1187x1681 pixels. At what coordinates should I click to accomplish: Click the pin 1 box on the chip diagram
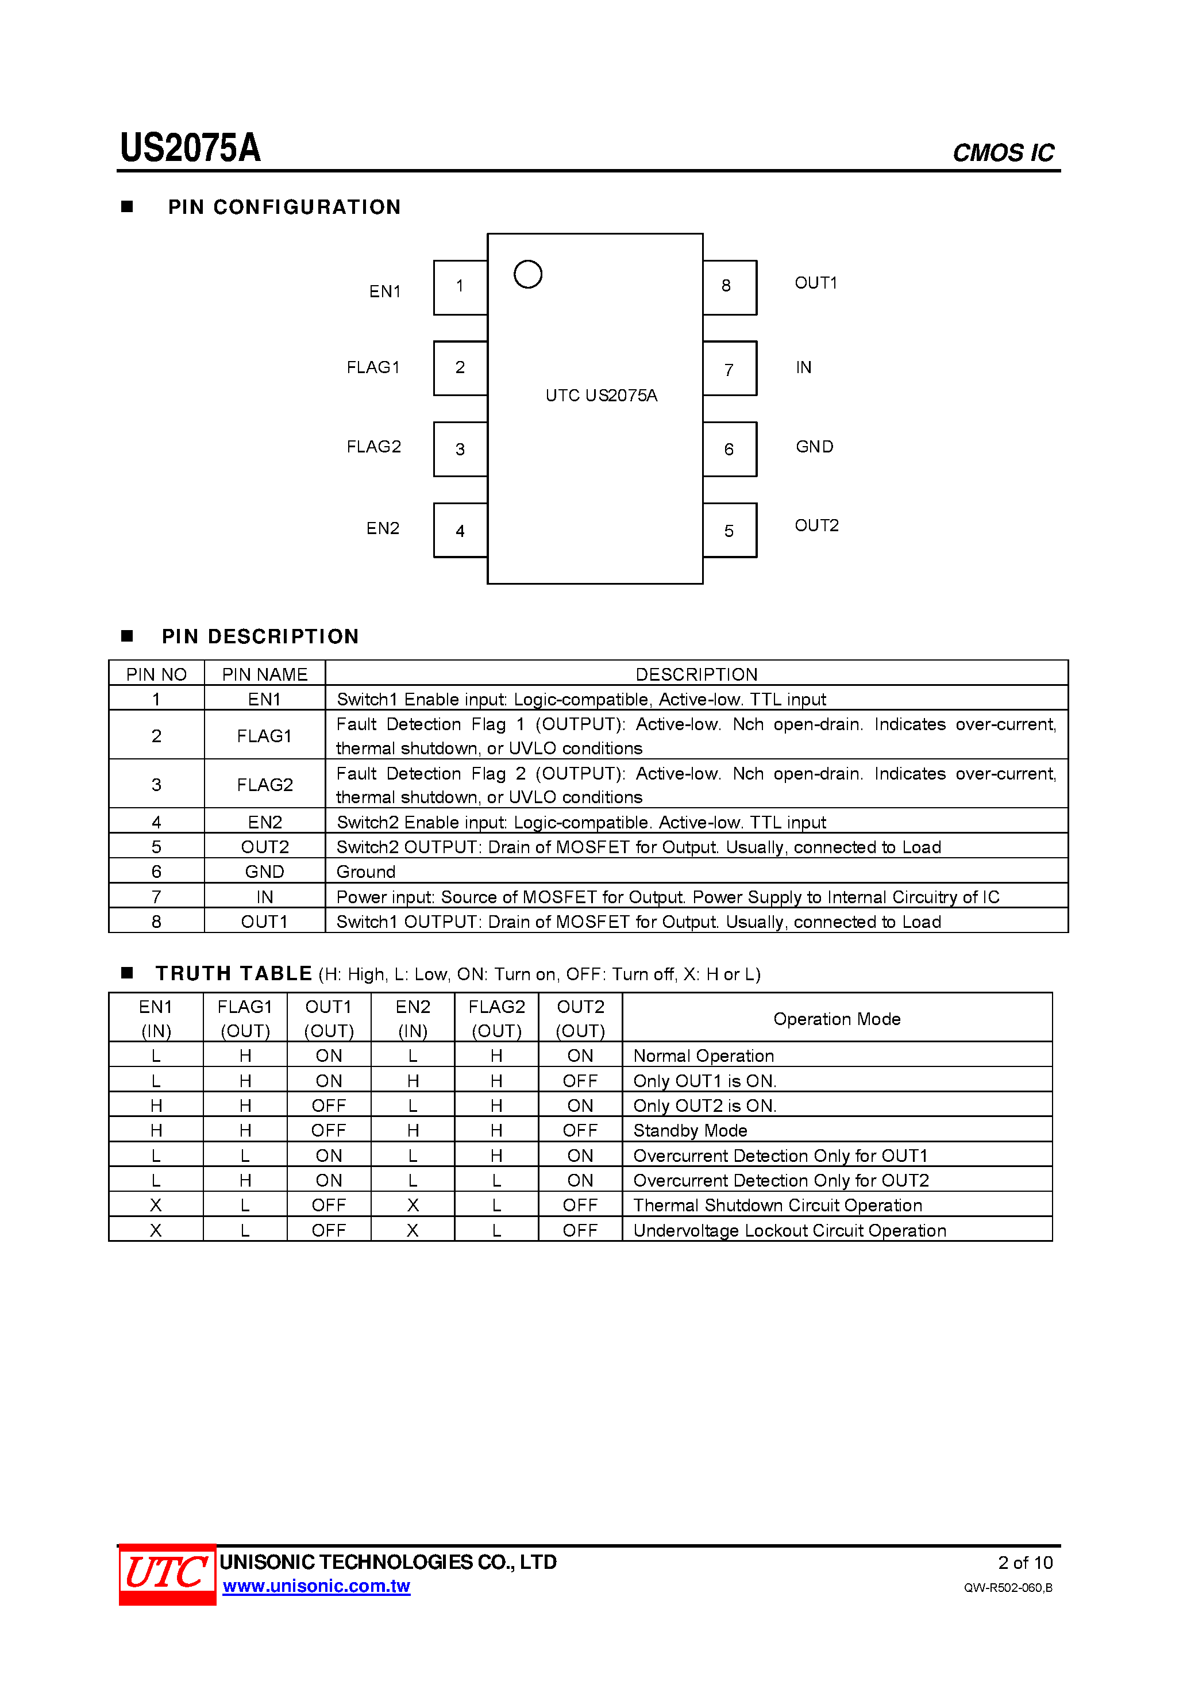pyautogui.click(x=460, y=287)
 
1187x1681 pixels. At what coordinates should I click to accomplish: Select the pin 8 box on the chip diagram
pyautogui.click(x=729, y=287)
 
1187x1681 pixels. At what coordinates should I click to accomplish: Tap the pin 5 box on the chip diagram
pyautogui.click(x=729, y=530)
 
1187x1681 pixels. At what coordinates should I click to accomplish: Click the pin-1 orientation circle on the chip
pyautogui.click(x=527, y=275)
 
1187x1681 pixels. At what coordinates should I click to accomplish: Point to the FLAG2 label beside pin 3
pyautogui.click(x=374, y=447)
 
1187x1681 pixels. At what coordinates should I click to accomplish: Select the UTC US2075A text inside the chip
pyautogui.click(x=601, y=396)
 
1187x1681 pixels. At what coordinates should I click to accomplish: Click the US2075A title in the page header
pyautogui.click(x=190, y=149)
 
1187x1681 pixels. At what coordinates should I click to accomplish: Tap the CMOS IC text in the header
pyautogui.click(x=1003, y=153)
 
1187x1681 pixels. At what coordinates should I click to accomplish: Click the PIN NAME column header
pyautogui.click(x=264, y=674)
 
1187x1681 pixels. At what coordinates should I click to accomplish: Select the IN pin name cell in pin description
pyautogui.click(x=264, y=897)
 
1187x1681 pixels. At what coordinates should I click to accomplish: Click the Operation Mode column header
pyautogui.click(x=837, y=1018)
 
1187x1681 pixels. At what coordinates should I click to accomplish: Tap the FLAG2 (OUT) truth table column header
pyautogui.click(x=496, y=1018)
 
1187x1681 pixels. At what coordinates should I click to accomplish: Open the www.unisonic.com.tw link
pyautogui.click(x=316, y=1586)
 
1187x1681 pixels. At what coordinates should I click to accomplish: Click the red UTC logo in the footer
pyautogui.click(x=168, y=1574)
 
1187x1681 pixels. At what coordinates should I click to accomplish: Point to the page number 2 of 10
pyautogui.click(x=1024, y=1563)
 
